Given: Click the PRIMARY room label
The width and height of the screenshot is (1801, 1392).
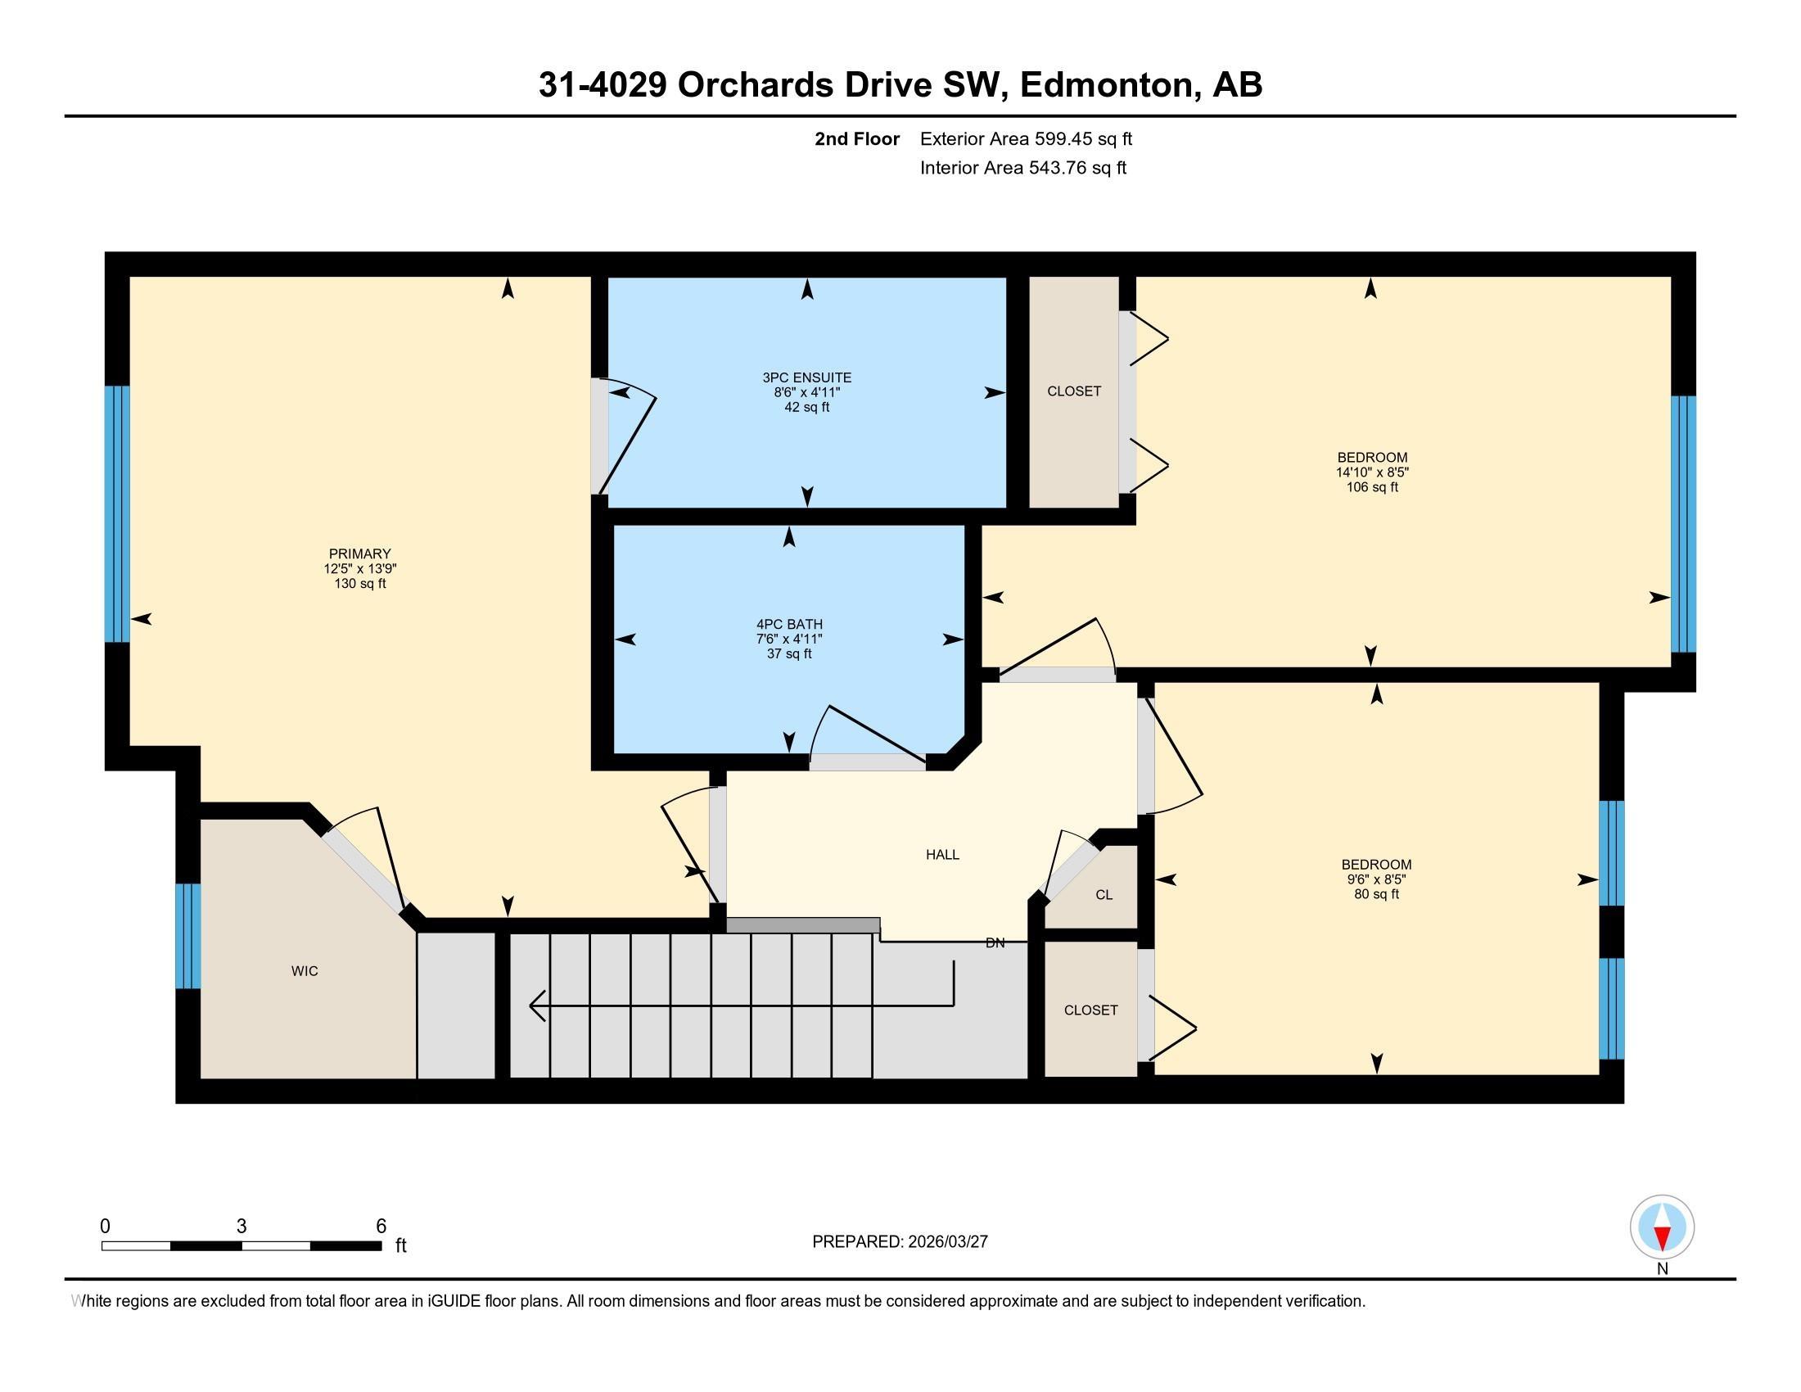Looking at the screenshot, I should (359, 554).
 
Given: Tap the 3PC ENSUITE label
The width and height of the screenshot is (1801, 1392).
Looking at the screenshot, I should (806, 377).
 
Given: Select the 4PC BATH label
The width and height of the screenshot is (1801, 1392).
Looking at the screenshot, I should (789, 624).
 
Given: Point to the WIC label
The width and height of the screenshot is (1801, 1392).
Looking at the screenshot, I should (305, 971).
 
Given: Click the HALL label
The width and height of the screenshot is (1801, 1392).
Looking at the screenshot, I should (941, 854).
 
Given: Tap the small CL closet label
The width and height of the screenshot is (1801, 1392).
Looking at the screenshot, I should (1104, 895).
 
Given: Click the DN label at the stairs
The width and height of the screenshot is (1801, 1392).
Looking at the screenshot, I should (995, 942).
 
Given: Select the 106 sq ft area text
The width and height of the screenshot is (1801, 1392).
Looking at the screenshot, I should (1372, 487).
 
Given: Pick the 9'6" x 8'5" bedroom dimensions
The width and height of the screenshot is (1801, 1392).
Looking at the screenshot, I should (1376, 879).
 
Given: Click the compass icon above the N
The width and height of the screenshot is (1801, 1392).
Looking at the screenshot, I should (1662, 1227).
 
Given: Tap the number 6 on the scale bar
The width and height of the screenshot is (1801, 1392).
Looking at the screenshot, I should (381, 1227).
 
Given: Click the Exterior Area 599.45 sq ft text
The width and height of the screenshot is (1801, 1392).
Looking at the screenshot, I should (1026, 138).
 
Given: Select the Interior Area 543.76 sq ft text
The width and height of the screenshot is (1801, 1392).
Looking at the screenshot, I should (1022, 168).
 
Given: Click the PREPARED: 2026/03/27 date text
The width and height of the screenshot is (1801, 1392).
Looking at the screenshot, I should (900, 1242).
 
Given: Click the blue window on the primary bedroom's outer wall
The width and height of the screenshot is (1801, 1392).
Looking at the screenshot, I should (117, 513).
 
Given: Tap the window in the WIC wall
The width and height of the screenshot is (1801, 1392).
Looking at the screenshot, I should (188, 936).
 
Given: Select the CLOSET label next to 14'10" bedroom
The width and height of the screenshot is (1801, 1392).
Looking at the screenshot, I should (1074, 391).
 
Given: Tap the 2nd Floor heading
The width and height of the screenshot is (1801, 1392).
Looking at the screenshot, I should (857, 138).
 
